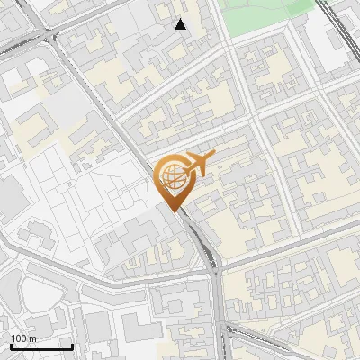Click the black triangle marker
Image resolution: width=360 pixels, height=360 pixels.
click(181, 24)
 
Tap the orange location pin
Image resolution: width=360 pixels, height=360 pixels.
click(171, 179)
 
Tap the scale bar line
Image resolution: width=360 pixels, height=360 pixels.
click(41, 346)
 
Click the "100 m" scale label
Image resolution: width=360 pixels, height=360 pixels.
click(23, 338)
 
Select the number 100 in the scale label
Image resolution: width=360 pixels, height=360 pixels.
click(19, 338)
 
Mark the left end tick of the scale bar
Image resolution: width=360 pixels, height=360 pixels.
click(11, 344)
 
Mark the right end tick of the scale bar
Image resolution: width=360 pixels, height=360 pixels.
click(72, 344)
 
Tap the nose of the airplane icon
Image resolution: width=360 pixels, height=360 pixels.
click(214, 157)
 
